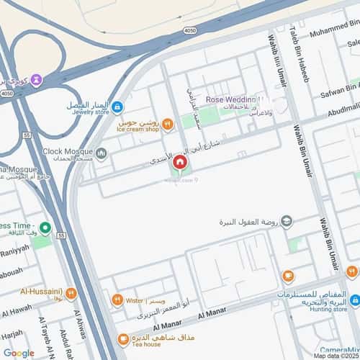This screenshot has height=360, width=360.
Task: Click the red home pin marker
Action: tap(179, 164)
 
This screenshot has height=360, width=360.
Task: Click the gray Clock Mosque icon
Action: tap(102, 152)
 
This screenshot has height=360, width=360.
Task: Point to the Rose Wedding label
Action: tap(231, 99)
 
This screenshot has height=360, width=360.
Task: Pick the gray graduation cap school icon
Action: tap(287, 220)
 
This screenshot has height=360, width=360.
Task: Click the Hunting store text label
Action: tap(329, 310)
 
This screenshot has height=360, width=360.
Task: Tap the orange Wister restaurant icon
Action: tap(117, 300)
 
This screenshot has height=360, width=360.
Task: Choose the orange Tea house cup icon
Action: tap(124, 338)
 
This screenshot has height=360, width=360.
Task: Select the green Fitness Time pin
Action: tap(45, 229)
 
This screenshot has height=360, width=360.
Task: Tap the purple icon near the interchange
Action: tap(37, 79)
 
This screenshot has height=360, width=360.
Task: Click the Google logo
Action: tap(19, 353)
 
